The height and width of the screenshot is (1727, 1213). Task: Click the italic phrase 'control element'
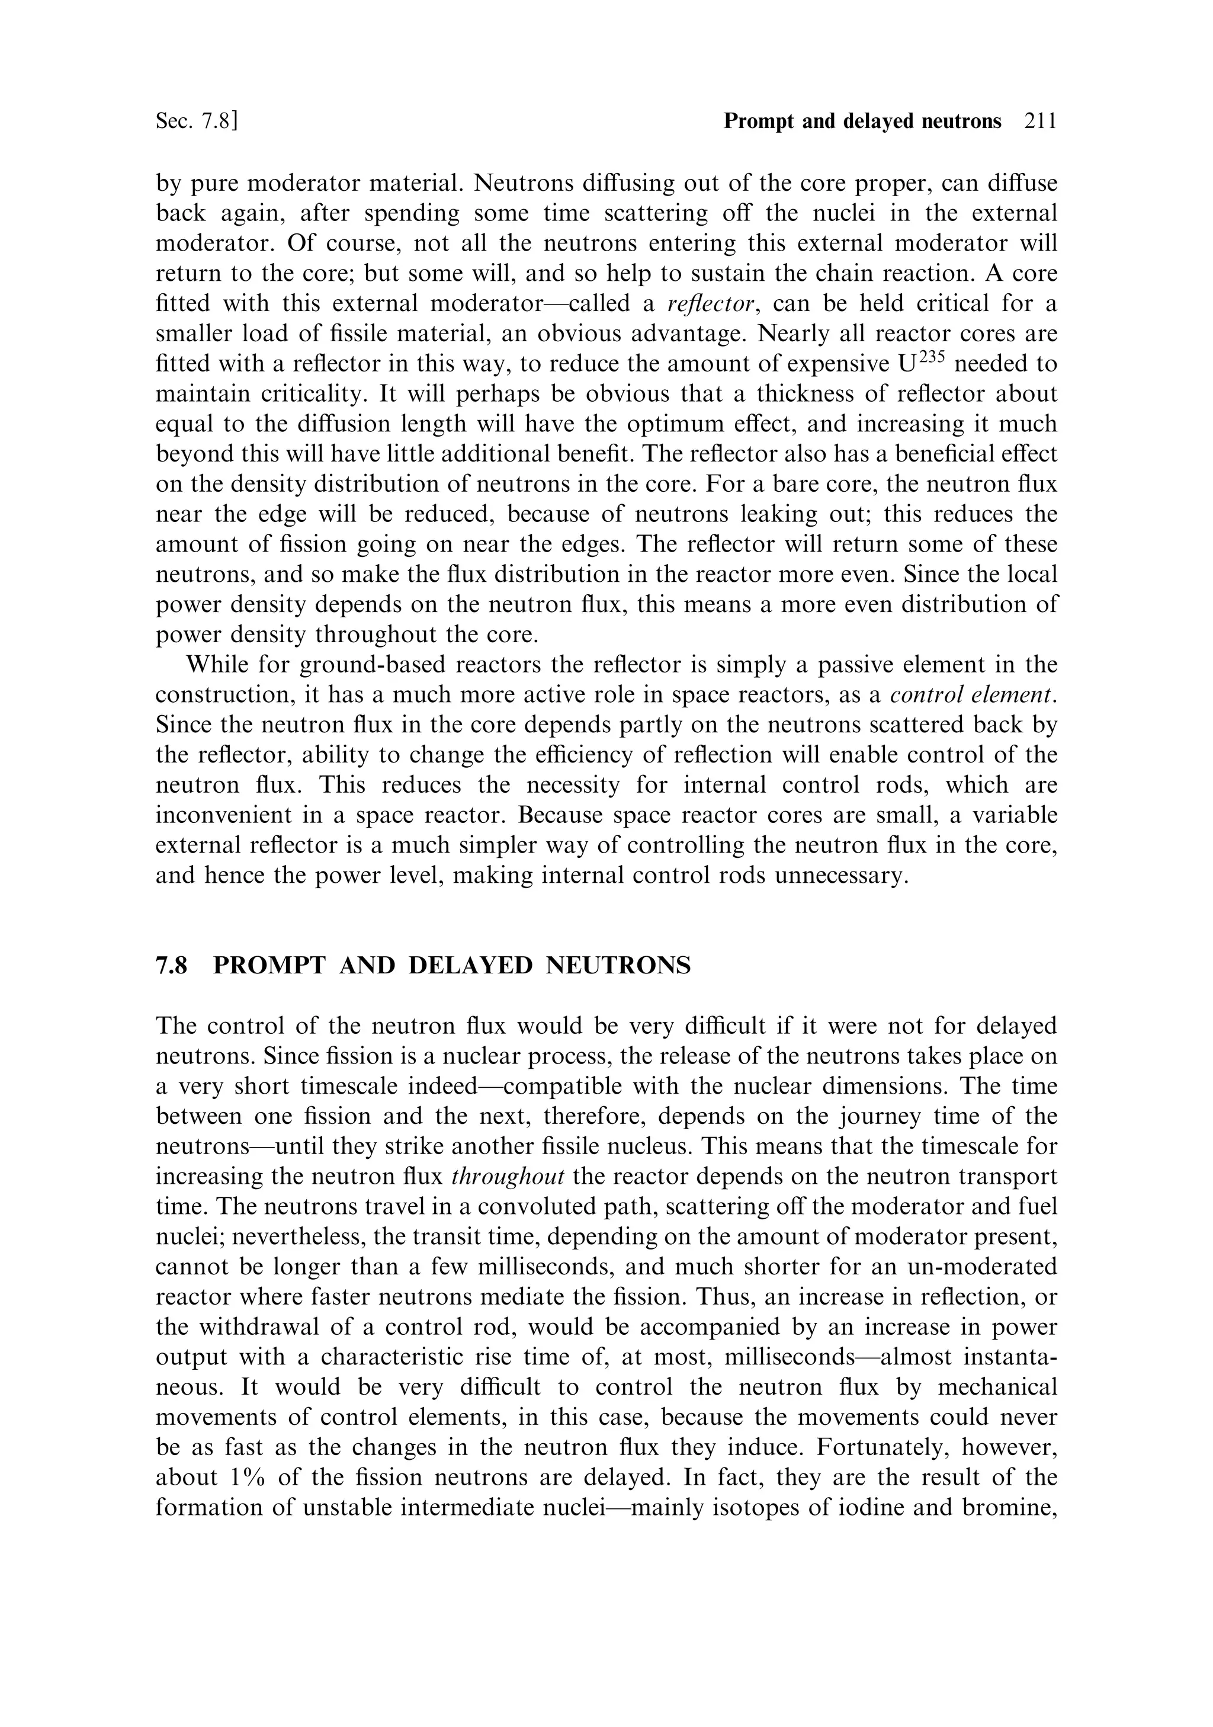point(971,695)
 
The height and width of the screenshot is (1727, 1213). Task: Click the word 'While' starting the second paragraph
point(216,665)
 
